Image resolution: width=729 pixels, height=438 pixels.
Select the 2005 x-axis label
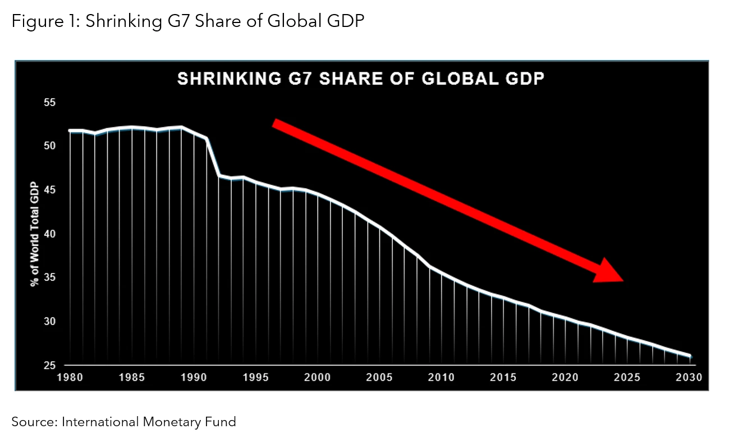point(379,377)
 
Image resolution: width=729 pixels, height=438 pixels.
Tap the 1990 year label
point(194,377)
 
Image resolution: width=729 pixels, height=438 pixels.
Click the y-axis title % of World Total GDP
point(34,234)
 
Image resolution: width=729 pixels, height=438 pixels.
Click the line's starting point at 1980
point(70,130)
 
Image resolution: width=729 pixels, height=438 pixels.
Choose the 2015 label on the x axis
point(503,377)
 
